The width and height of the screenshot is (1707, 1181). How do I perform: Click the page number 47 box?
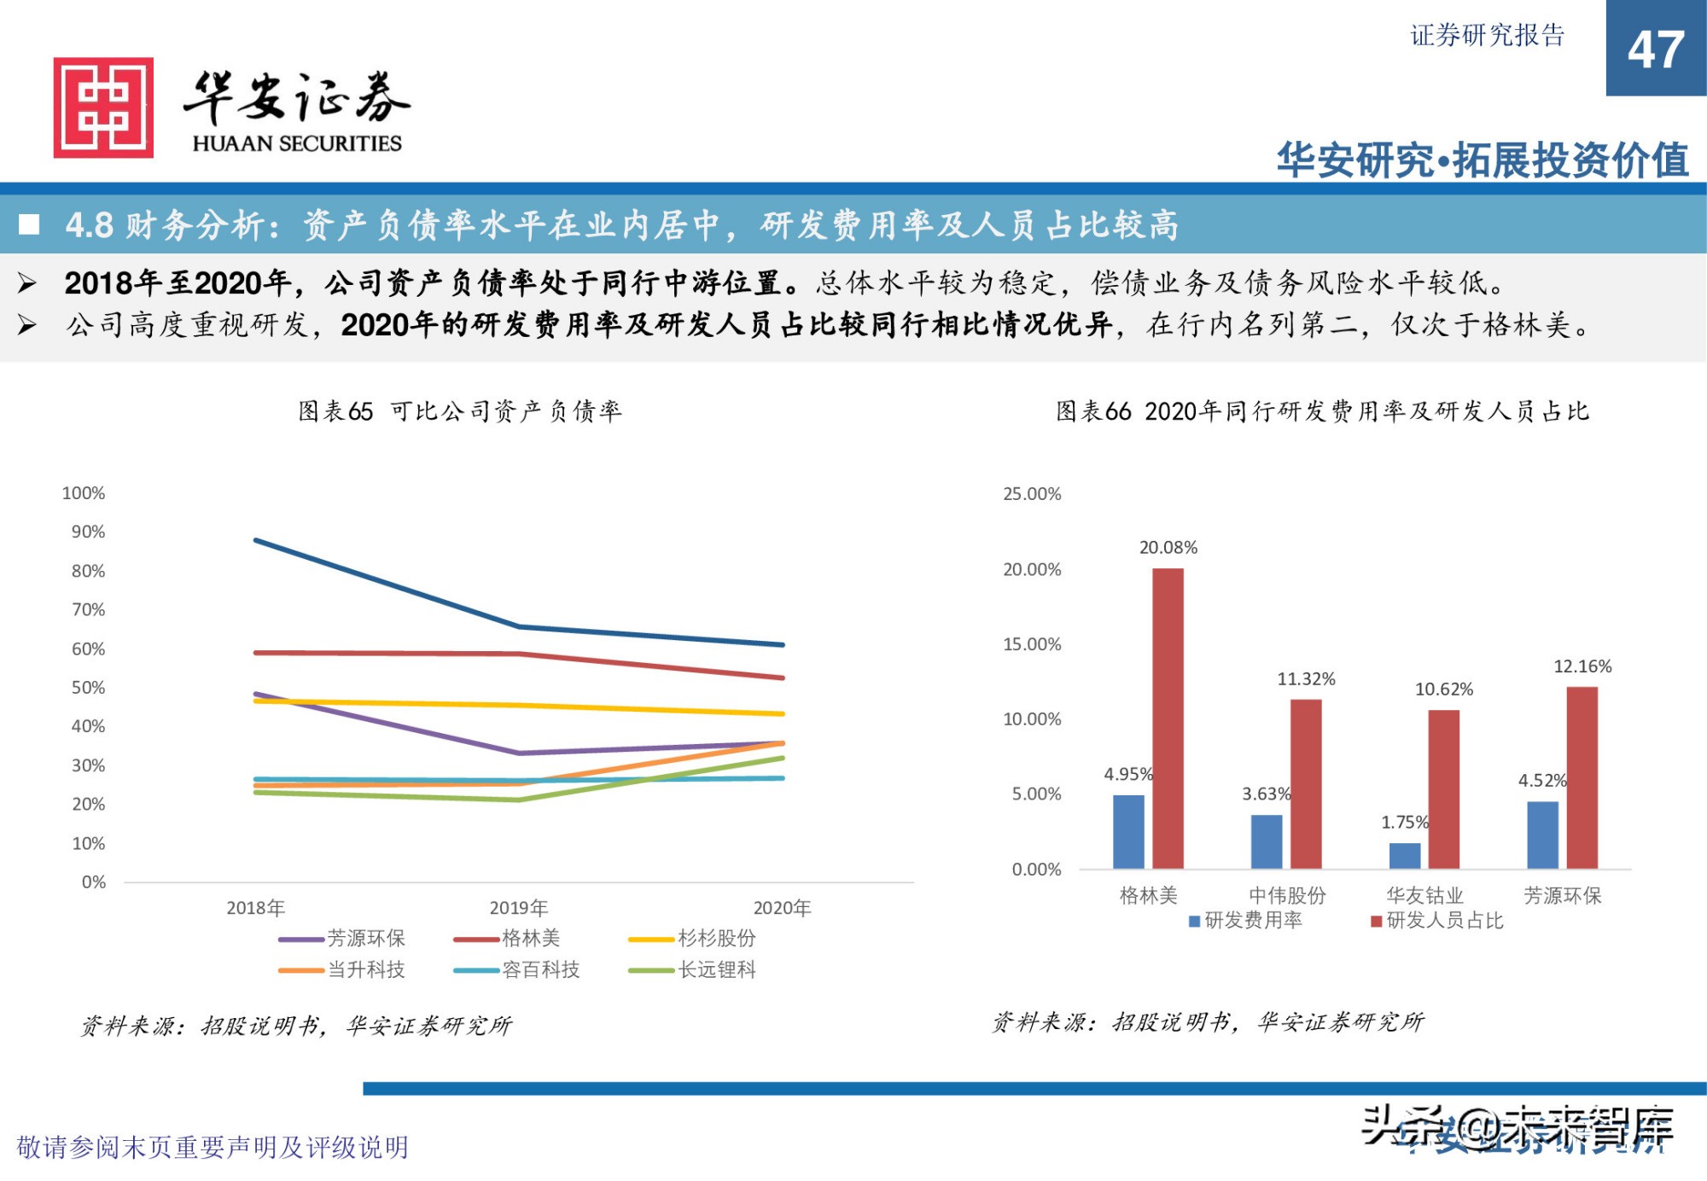pos(1655,49)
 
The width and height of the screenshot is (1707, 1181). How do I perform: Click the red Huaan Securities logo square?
pos(103,108)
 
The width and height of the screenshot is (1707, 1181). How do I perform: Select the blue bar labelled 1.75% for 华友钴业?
pos(1405,855)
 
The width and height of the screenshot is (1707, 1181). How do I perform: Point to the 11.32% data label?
pos(1305,679)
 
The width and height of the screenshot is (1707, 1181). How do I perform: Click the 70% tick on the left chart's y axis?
pos(88,609)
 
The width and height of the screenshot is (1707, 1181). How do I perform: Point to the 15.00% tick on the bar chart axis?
pos(1031,644)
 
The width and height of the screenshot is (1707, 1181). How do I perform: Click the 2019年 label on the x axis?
pos(518,908)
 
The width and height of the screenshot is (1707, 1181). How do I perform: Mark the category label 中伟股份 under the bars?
pos(1286,895)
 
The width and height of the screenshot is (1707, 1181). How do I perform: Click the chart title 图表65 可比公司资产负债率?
pos(459,411)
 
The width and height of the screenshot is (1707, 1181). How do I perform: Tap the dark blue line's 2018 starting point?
pos(255,540)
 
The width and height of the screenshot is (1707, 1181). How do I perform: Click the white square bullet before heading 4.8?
pos(30,224)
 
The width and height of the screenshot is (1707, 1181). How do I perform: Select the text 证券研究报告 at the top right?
pos(1487,36)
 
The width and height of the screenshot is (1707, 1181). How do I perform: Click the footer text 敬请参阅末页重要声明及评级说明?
pos(213,1147)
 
